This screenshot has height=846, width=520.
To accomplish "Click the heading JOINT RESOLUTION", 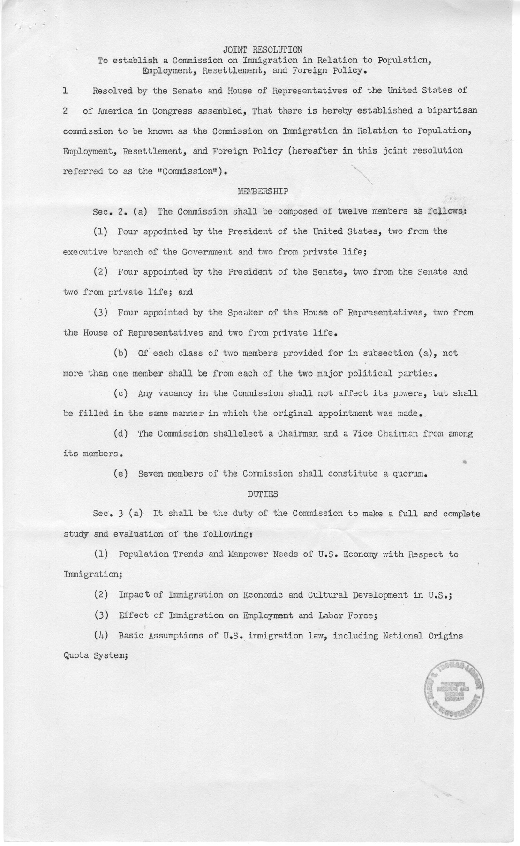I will pyautogui.click(x=262, y=49).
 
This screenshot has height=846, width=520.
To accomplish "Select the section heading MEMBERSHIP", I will pyautogui.click(x=263, y=191).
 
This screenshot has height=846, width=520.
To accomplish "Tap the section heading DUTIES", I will pyautogui.click(x=262, y=493).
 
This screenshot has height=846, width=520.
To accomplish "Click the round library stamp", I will pyautogui.click(x=454, y=691).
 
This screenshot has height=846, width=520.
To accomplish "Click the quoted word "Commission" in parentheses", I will pyautogui.click(x=190, y=171).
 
